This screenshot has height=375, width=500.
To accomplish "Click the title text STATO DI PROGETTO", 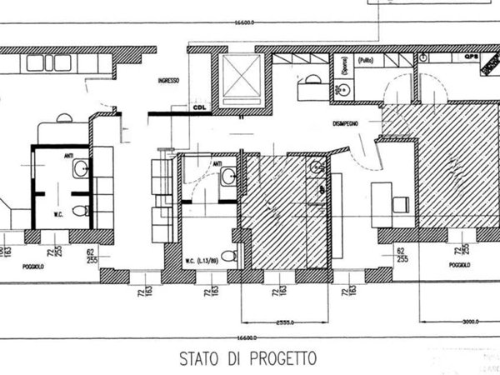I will click(248, 358).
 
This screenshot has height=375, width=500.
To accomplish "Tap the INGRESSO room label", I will click(169, 81).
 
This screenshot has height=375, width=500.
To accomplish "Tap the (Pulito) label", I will click(365, 62).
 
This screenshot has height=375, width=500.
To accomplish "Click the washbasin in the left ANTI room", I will click(79, 170).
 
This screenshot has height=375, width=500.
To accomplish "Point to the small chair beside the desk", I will click(401, 203).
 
